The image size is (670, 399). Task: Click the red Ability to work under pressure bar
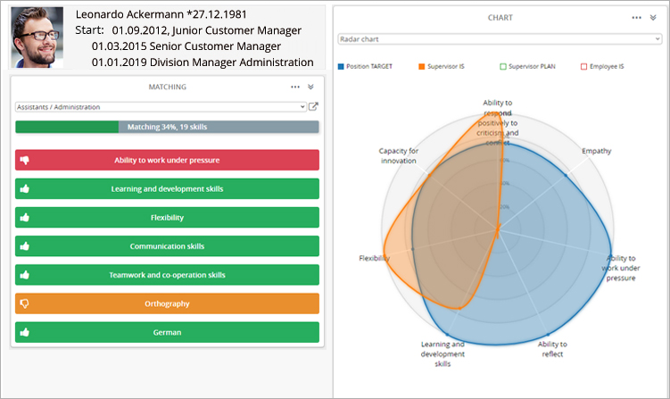coord(167,161)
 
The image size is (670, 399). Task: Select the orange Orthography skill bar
coord(167,303)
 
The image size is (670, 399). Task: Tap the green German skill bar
coord(167,332)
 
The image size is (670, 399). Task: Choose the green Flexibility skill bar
coord(167,218)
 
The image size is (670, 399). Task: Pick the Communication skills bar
coord(167,246)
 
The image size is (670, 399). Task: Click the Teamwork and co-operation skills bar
coord(167,275)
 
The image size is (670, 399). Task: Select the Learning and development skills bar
coord(167,189)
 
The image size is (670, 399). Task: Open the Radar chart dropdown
coord(500,39)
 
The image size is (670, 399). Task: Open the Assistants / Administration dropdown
coord(161,107)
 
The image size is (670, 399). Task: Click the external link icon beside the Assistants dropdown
coord(313,107)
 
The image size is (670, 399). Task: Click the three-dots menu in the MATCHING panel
coord(295,87)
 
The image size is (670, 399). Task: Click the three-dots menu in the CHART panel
coord(637,17)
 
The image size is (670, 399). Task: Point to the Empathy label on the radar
coord(597,151)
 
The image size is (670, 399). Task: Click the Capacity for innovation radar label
coord(399,155)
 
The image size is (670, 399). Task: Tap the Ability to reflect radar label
coord(552,349)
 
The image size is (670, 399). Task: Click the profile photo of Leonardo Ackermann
coord(37,37)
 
